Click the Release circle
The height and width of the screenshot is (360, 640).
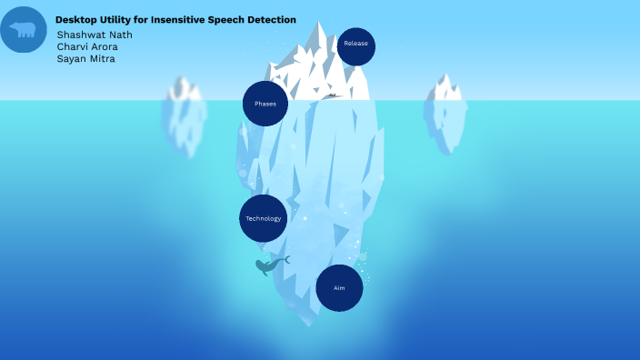[355, 46]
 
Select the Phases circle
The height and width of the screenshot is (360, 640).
[265, 104]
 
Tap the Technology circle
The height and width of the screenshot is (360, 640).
[264, 218]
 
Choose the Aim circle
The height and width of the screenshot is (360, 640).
[339, 287]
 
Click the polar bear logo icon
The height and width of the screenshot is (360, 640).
[24, 30]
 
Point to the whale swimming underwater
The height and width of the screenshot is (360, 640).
[268, 265]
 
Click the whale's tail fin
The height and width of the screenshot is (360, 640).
[285, 260]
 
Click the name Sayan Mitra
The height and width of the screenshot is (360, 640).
[85, 59]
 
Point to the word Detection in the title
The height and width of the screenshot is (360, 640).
[270, 19]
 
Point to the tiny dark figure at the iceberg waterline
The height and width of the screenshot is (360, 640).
[332, 95]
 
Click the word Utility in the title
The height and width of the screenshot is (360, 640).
[117, 19]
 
